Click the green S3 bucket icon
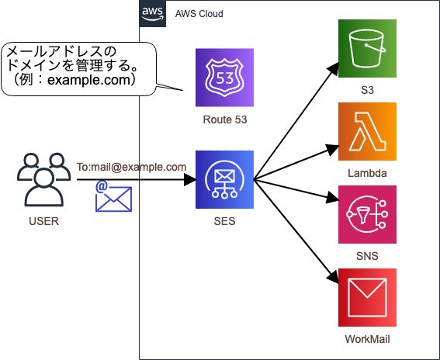coord(367,49)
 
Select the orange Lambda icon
coord(367,131)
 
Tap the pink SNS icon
coord(367,214)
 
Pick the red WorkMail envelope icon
coord(367,297)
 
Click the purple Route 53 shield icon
coord(224,78)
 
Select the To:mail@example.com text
coord(131,167)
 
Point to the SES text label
coord(224,222)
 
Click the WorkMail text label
coord(367,339)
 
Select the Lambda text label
coord(367,173)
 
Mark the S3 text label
coord(367,91)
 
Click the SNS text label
coord(367,256)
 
